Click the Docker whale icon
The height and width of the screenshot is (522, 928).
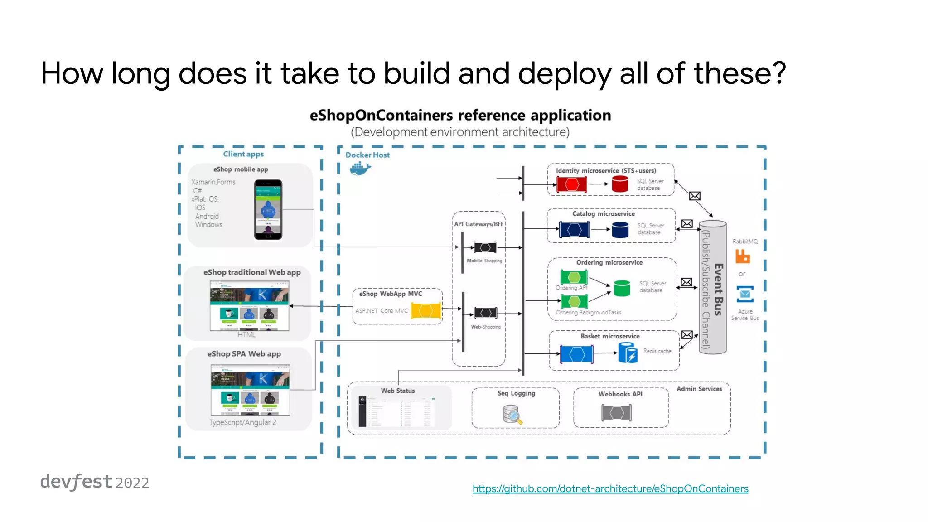(360, 169)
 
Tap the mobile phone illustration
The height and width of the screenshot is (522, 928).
(268, 209)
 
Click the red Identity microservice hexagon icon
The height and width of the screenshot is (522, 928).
(571, 184)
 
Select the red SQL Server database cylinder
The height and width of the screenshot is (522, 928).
(620, 184)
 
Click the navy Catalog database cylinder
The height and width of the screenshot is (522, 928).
(620, 230)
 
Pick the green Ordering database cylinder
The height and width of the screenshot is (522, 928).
(622, 288)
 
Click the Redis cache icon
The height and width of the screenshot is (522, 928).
(628, 353)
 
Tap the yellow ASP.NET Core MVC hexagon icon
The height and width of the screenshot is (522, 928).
(426, 311)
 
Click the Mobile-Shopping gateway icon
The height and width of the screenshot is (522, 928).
(485, 247)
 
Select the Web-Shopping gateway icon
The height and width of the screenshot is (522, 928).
(485, 313)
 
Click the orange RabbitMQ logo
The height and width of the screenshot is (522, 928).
(742, 256)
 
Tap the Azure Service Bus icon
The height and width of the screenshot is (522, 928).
(745, 294)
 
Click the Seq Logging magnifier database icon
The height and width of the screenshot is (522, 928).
(512, 415)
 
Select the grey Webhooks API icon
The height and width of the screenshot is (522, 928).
(616, 413)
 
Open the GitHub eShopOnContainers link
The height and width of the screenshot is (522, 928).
(610, 488)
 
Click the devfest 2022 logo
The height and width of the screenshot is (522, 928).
(94, 482)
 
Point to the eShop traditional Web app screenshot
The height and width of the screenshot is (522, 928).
(249, 305)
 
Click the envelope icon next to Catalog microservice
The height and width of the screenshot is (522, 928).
(687, 224)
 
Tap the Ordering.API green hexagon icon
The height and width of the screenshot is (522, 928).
(574, 277)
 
